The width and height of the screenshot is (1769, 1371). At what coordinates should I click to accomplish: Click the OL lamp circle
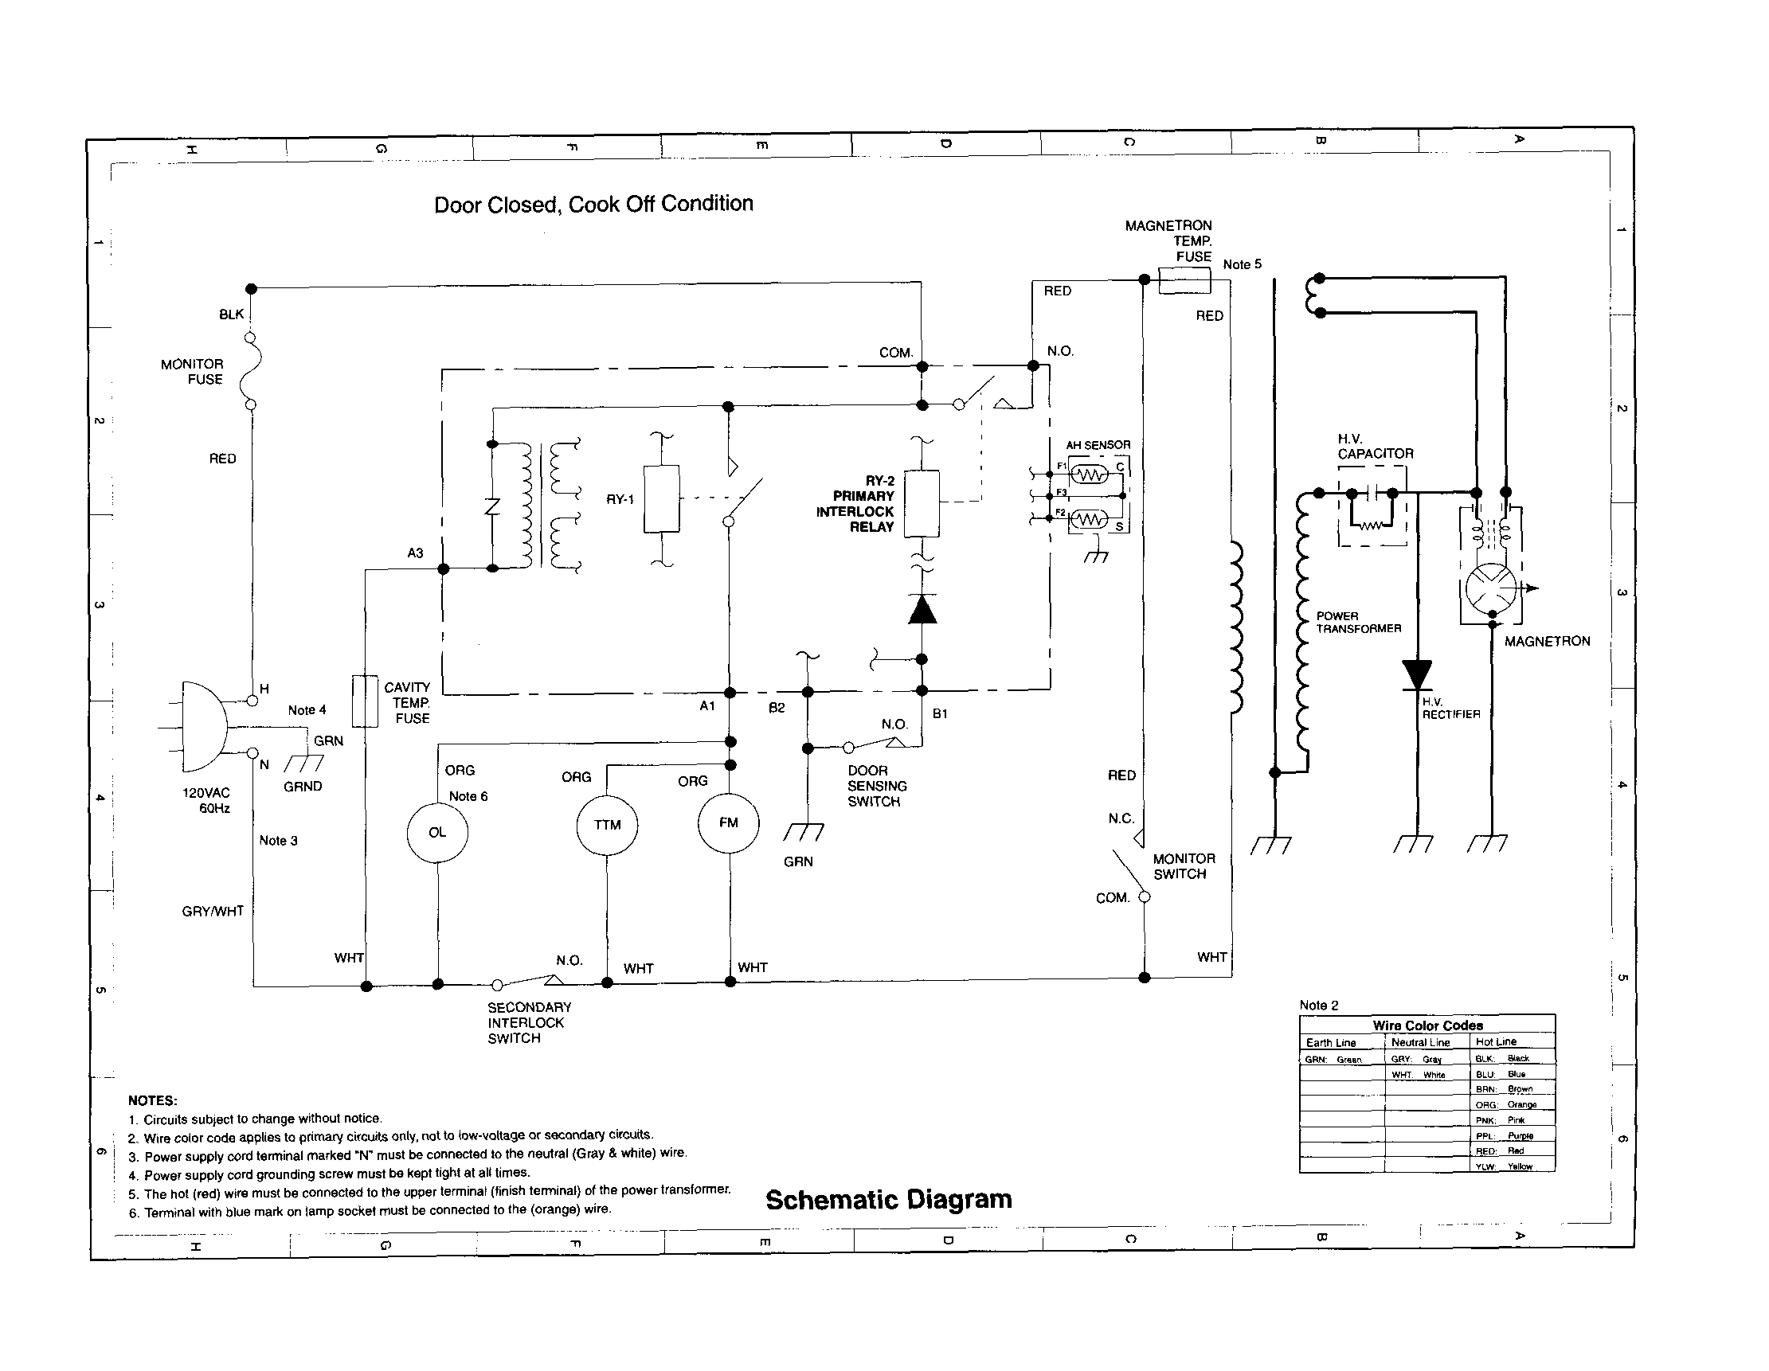coord(437,833)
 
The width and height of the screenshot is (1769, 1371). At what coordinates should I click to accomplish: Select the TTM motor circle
coord(607,825)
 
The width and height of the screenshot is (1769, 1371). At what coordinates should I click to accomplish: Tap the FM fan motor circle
coord(728,822)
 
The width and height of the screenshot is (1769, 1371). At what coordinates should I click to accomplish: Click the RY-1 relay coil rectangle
coord(661,499)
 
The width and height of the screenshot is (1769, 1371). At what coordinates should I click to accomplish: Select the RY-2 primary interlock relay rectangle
coord(921,503)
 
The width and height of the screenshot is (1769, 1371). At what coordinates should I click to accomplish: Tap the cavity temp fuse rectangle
coord(366,701)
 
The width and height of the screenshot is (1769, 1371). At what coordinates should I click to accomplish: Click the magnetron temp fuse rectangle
coord(1184,281)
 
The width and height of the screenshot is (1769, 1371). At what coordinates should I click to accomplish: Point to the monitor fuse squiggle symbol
coord(252,371)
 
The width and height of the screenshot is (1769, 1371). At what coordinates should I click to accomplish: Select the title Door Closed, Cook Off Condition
coord(593,204)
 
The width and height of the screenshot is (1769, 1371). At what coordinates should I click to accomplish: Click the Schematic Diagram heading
coord(889,1199)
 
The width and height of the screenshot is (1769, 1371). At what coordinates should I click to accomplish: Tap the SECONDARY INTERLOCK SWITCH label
coord(529,1022)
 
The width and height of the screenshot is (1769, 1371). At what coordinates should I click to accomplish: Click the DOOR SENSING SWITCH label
coord(876,786)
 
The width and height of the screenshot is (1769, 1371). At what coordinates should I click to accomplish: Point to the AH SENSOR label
coord(1098,444)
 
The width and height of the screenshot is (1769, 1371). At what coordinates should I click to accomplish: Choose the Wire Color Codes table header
coord(1427,1025)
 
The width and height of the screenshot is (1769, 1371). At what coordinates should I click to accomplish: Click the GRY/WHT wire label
coord(212,911)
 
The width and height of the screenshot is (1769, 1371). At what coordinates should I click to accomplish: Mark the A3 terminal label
coord(415,553)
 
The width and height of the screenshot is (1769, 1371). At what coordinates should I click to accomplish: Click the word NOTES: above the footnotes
coord(152,1100)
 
